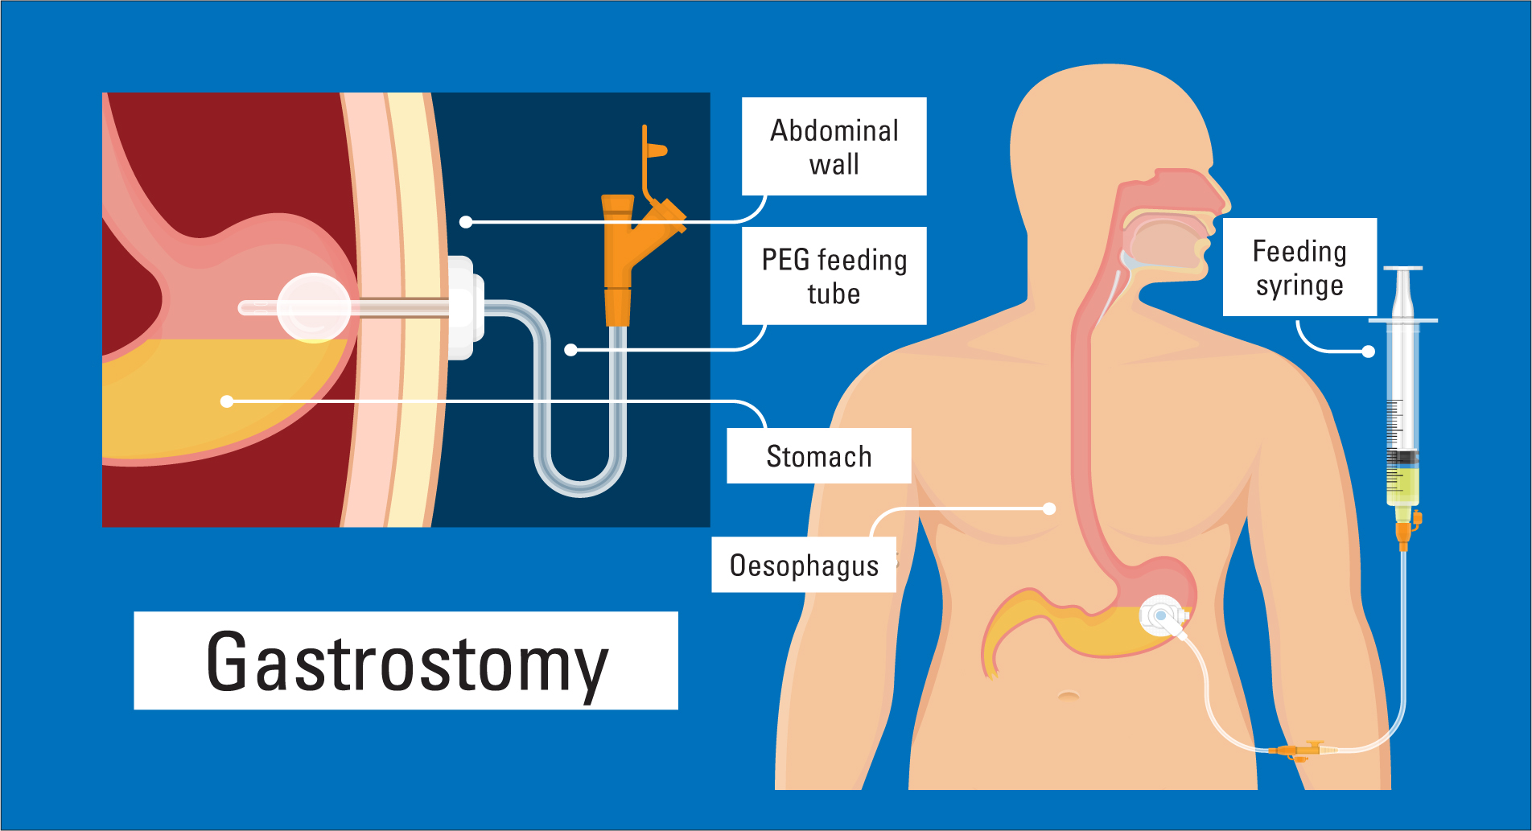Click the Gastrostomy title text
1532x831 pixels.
406,661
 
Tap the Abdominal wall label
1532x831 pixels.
834,146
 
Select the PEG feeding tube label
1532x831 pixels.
834,276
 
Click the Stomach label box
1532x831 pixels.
818,456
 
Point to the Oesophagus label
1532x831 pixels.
804,566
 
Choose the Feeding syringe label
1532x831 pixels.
1299,267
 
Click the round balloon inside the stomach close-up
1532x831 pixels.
314,307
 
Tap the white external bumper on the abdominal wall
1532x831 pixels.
462,307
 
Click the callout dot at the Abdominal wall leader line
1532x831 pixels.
466,221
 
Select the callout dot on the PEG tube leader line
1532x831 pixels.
570,350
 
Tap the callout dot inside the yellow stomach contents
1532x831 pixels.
227,401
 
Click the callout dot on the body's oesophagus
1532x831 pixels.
1049,508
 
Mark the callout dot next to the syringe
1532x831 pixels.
1369,351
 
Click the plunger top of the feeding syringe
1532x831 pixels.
1403,269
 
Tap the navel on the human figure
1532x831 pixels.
1069,694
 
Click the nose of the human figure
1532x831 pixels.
1219,193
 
